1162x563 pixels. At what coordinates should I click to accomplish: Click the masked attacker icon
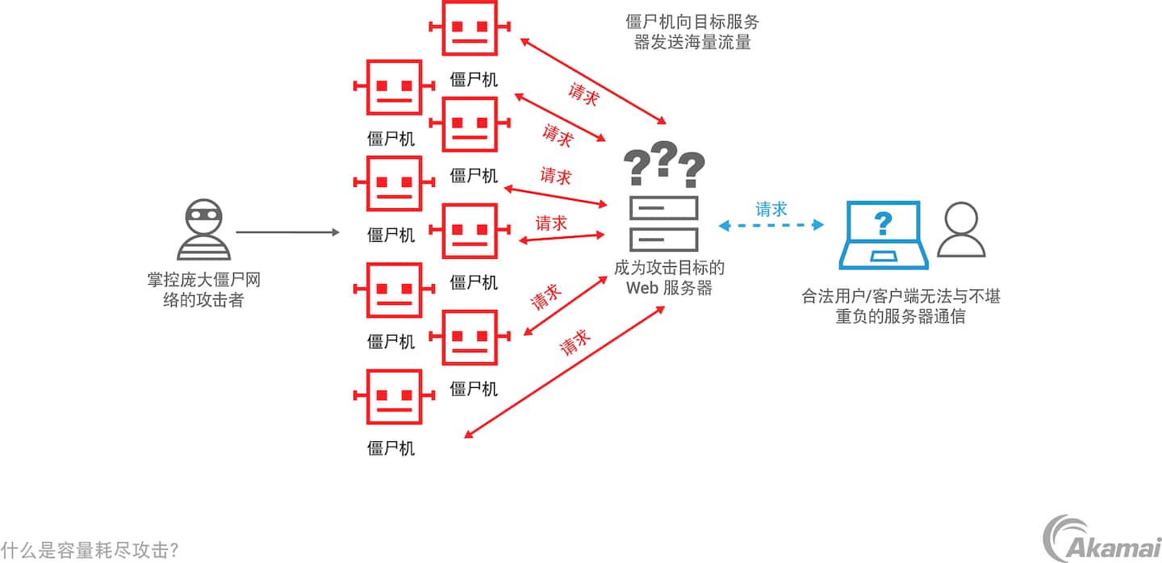coord(203,229)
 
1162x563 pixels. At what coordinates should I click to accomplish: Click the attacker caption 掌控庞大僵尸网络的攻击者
coord(203,290)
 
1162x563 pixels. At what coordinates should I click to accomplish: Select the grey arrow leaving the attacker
coord(287,232)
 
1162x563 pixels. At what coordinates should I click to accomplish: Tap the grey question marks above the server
coord(664,165)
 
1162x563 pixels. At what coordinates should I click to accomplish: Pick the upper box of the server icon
coord(663,209)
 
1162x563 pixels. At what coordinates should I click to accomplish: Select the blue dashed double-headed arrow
coord(771,225)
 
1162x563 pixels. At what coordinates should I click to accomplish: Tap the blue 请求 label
coord(771,209)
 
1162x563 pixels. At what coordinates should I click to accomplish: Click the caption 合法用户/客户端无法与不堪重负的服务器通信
coord(901,306)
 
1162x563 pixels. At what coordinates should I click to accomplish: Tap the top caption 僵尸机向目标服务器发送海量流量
coord(692,31)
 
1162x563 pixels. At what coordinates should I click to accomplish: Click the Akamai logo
coord(1101,538)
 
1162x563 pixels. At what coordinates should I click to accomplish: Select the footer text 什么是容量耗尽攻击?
coord(90,550)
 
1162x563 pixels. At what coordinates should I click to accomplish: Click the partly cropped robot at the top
coord(469,27)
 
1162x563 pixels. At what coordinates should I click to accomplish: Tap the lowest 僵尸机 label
coord(391,448)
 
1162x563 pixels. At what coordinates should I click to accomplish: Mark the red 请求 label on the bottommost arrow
coord(575,344)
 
